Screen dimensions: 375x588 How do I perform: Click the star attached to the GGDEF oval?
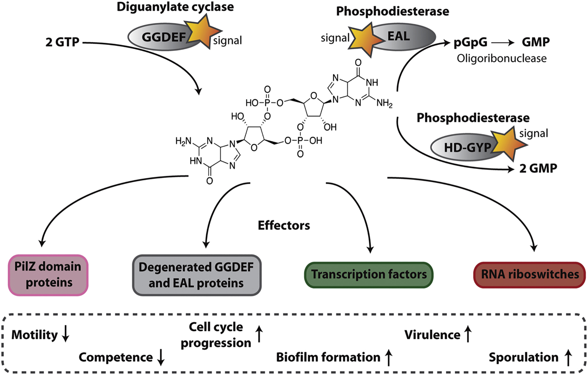click(206, 34)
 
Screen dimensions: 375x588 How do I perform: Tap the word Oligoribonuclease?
click(503, 58)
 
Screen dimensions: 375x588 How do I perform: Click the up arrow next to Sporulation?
click(567, 358)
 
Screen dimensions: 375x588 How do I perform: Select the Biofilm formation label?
click(328, 357)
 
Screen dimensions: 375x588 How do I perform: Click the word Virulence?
click(431, 335)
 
